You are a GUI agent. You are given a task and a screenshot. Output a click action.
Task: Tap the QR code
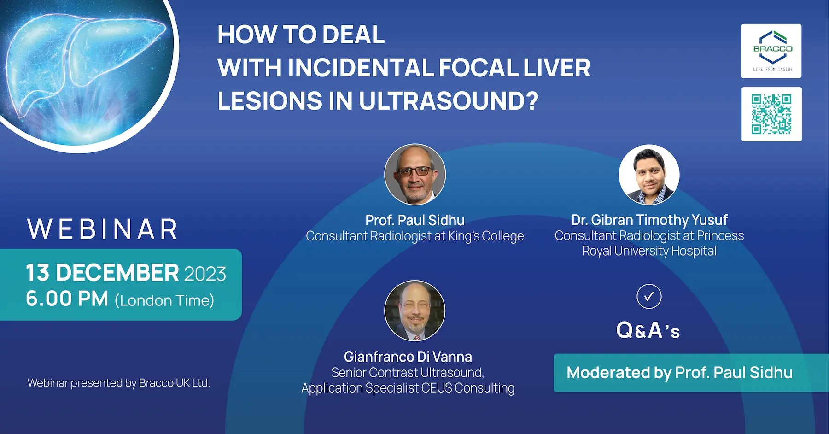click(x=771, y=114)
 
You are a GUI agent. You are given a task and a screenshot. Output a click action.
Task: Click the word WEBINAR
click(x=102, y=229)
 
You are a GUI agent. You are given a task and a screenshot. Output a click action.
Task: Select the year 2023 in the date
click(x=205, y=274)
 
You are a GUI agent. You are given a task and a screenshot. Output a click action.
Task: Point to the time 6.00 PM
click(x=67, y=299)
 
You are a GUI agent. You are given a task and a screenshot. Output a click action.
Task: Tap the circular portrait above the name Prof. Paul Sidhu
click(x=415, y=174)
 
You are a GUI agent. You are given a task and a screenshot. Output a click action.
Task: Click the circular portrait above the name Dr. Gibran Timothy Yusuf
click(x=649, y=175)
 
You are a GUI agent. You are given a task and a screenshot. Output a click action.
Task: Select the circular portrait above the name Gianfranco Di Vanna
click(x=415, y=311)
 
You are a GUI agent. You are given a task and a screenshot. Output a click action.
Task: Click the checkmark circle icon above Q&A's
click(x=649, y=297)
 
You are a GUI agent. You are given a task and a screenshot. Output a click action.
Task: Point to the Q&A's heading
click(x=648, y=330)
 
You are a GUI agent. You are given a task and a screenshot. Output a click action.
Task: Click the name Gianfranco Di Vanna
click(x=408, y=357)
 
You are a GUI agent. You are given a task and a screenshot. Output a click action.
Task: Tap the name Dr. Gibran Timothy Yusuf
click(x=649, y=220)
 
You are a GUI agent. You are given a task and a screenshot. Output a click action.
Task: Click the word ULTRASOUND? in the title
click(x=449, y=101)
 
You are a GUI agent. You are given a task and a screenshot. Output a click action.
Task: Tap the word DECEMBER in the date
click(x=117, y=273)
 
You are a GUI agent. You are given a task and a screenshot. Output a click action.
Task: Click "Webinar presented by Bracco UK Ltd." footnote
click(x=119, y=383)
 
